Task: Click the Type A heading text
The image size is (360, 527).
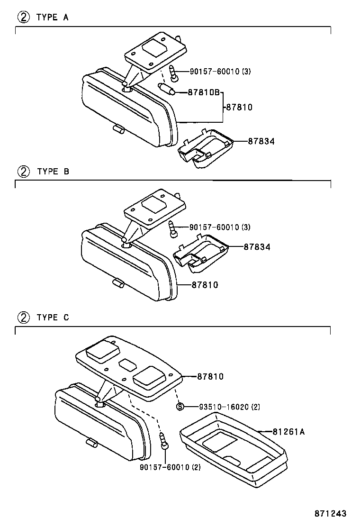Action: tap(53, 17)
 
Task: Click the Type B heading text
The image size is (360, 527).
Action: tap(54, 172)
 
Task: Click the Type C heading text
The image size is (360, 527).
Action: tap(53, 317)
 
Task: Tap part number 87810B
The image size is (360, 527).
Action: tap(204, 92)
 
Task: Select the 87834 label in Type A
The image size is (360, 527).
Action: tap(261, 142)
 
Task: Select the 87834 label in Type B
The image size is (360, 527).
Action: tap(257, 247)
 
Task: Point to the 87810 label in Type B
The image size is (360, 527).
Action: tap(205, 285)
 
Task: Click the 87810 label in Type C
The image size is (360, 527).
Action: tap(210, 376)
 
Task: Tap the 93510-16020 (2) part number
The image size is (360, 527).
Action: tap(230, 407)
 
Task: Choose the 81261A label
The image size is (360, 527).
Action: tap(288, 432)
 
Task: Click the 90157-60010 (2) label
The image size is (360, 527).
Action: tap(170, 467)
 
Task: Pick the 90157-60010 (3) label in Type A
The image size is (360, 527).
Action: tap(220, 71)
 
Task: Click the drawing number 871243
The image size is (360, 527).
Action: tap(331, 514)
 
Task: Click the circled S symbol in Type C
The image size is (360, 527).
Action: tap(180, 407)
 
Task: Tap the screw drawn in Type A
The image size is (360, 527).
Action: tap(173, 73)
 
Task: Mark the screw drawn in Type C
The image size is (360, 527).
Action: tap(164, 441)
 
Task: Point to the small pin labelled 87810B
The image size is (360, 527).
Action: tap(166, 89)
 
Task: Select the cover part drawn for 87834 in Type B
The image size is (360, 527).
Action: tap(201, 253)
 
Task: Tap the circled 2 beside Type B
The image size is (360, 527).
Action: tap(24, 172)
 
